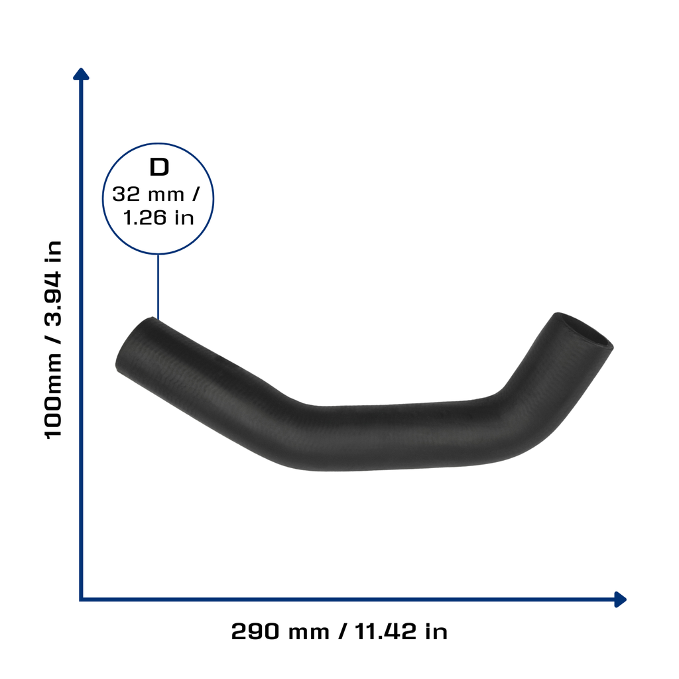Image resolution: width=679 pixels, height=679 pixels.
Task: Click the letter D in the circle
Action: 159,167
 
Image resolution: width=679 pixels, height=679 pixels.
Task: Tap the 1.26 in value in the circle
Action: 158,217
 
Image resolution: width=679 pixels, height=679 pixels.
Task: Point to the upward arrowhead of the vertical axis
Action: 81,74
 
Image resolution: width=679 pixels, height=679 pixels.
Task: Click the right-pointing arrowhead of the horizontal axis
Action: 620,599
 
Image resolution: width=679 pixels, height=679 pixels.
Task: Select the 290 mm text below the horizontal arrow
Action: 280,631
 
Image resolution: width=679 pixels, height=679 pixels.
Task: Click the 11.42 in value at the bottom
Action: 401,631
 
